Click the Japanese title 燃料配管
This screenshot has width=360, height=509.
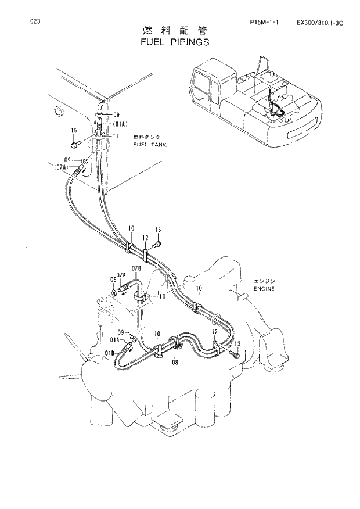174,31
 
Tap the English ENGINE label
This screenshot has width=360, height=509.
264,289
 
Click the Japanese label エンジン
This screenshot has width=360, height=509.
265,281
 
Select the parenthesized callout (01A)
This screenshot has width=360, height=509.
120,124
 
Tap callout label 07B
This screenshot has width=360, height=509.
136,268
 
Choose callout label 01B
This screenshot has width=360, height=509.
111,352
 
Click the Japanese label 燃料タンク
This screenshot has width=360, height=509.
147,137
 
